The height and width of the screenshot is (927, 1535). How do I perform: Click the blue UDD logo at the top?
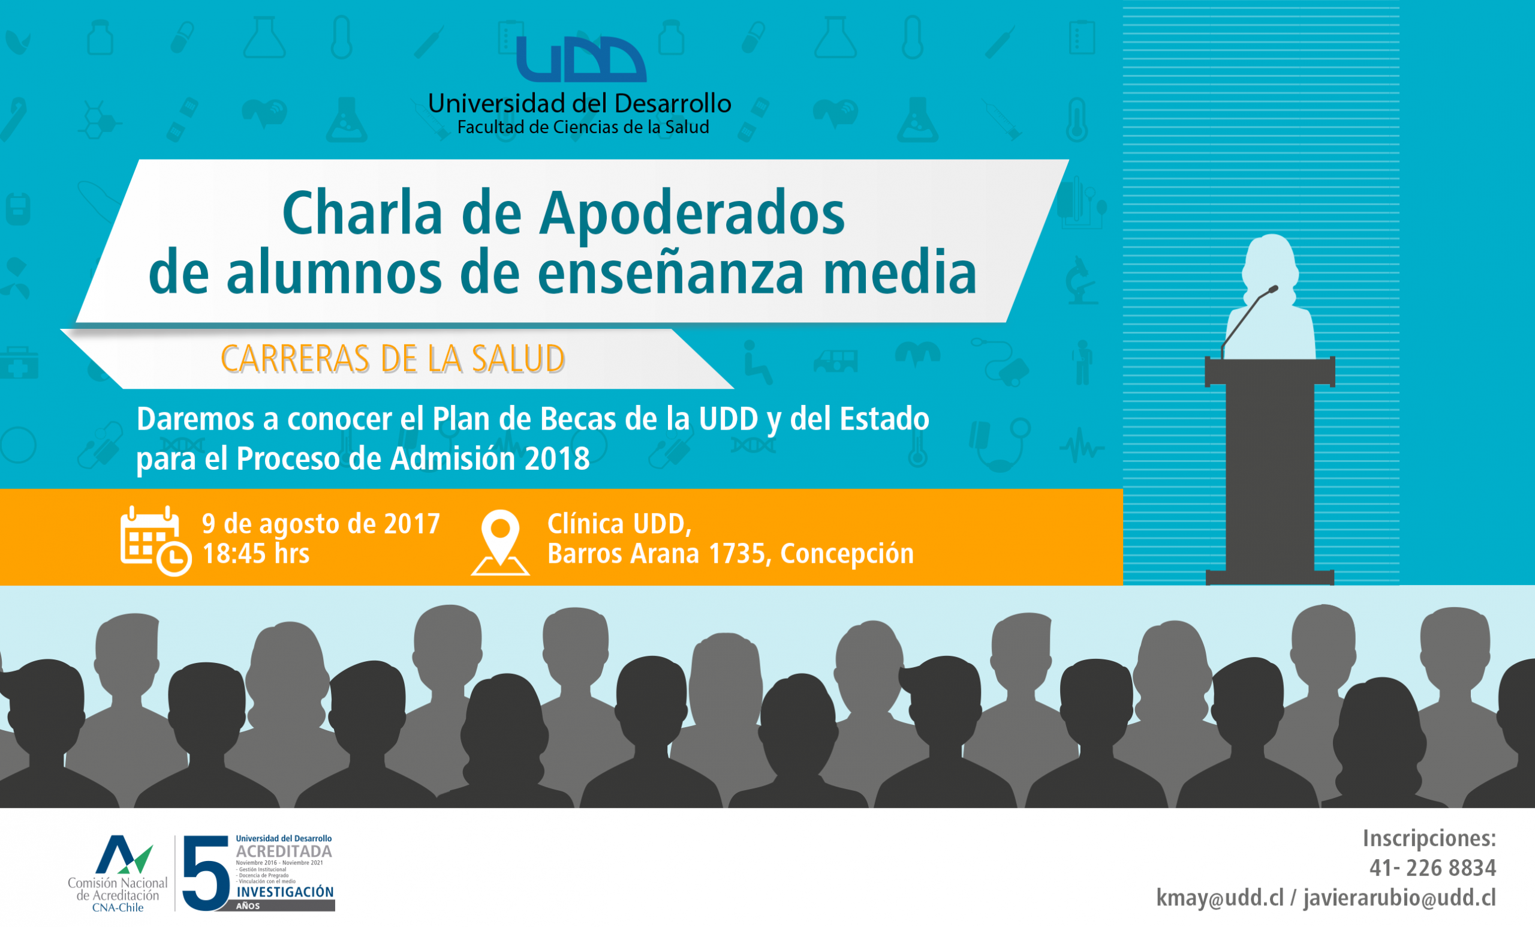581,59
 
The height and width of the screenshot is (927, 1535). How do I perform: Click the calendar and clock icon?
156,541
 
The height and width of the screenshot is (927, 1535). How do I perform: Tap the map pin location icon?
500,542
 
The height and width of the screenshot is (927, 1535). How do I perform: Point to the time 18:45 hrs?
256,554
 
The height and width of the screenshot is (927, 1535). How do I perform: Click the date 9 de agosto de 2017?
321,524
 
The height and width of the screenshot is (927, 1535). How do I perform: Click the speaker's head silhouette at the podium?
1271,262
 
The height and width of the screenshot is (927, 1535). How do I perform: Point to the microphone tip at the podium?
1274,289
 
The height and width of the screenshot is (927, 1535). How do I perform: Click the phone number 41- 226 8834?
1432,868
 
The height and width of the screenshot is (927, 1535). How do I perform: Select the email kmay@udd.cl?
1220,898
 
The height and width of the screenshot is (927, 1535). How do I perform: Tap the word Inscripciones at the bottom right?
1429,838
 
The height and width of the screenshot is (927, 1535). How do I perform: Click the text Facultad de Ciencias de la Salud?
583,127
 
